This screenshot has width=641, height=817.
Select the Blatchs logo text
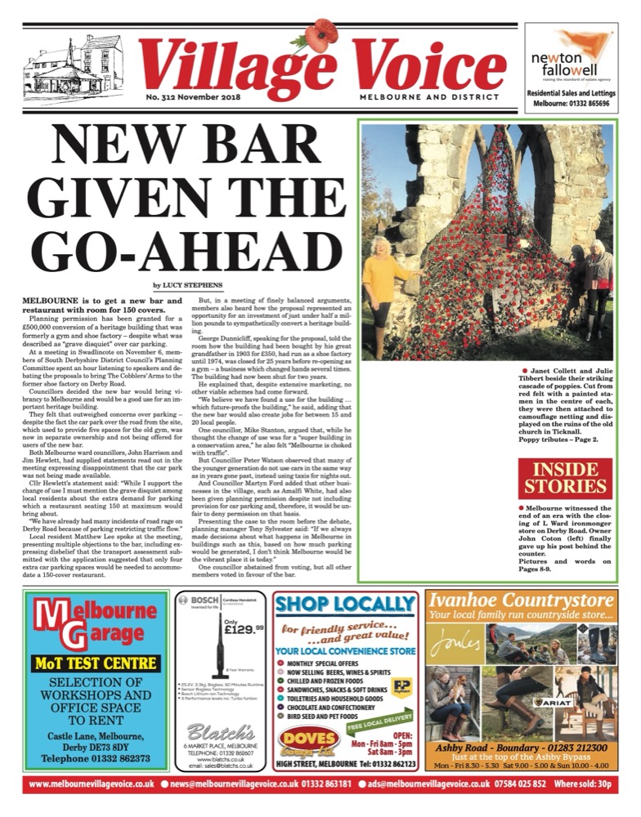(220, 729)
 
